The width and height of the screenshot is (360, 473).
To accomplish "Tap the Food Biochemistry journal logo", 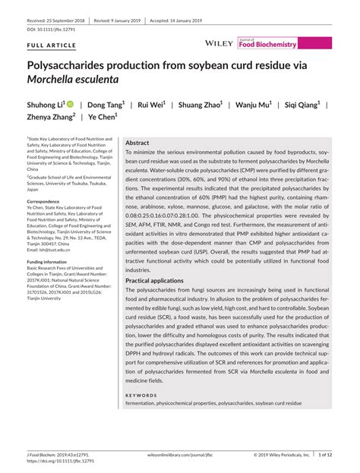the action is pos(267,44).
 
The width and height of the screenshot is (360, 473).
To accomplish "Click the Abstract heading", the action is pos(137,143).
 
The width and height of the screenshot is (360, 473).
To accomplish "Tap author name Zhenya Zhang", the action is pos(52,118).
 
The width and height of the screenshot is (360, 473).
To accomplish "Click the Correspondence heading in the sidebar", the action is pos(48,200).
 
